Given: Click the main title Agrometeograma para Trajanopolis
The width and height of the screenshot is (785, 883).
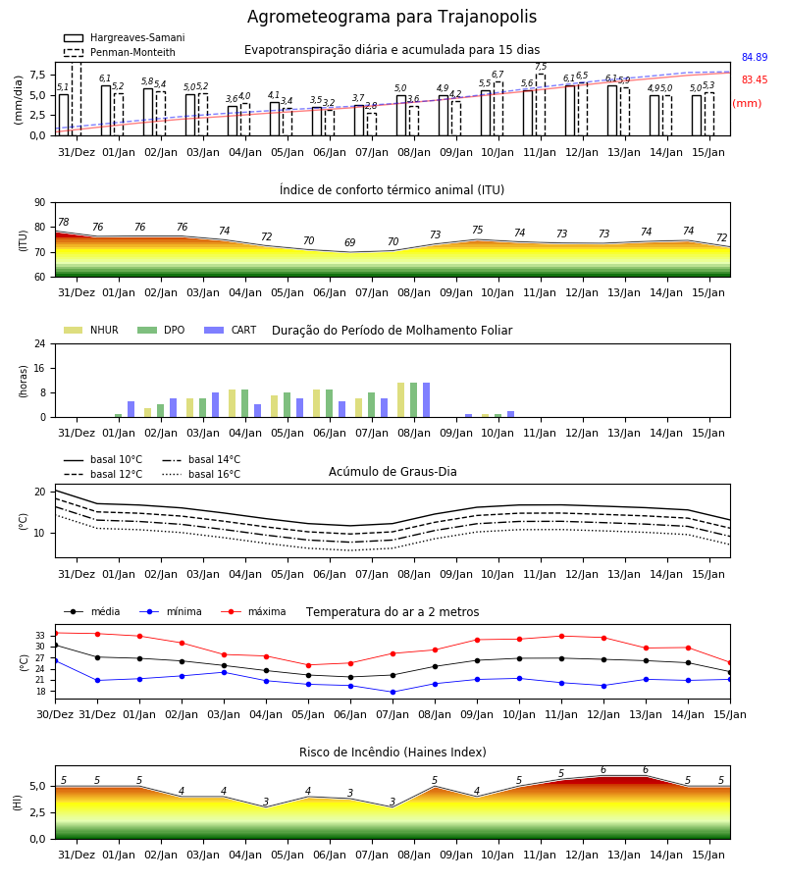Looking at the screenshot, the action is [x=392, y=17].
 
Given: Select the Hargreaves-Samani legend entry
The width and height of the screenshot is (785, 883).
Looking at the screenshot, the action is [x=125, y=37].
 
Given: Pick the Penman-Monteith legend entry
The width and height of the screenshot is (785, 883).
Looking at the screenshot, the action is [x=120, y=52].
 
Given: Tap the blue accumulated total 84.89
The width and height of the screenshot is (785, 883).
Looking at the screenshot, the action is [x=755, y=57].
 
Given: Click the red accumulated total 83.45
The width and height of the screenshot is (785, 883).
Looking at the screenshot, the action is [x=755, y=80].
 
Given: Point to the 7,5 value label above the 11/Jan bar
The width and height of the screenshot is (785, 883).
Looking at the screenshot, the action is [x=541, y=67].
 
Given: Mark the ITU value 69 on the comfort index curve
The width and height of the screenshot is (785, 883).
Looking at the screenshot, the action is [x=349, y=242].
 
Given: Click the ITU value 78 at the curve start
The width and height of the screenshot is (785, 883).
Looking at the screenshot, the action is [x=64, y=223].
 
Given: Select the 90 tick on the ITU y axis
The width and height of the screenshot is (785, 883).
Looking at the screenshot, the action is [x=40, y=203].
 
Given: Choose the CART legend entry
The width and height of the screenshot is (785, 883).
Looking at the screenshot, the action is [x=231, y=330].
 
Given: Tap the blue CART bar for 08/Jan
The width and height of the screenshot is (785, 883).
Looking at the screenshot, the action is [x=426, y=400].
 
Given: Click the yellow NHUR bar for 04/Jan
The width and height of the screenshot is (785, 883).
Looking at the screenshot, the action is [x=232, y=403].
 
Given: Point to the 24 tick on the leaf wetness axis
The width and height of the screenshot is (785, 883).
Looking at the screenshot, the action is [x=40, y=343].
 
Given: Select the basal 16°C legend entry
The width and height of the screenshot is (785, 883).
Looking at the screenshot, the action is [x=201, y=474].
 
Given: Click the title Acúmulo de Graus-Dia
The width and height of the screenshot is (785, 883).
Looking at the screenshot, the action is [x=392, y=472].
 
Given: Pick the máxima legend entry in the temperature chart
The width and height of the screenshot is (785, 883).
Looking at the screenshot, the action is [x=253, y=611].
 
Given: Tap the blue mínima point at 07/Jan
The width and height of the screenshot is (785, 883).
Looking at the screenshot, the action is [x=393, y=692].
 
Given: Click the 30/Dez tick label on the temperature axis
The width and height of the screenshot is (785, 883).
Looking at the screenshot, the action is [x=55, y=714].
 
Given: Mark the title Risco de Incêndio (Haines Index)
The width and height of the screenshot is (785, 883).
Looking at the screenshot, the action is [x=392, y=753].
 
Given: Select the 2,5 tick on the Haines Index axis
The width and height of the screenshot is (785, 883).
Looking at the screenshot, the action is [x=38, y=812].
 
